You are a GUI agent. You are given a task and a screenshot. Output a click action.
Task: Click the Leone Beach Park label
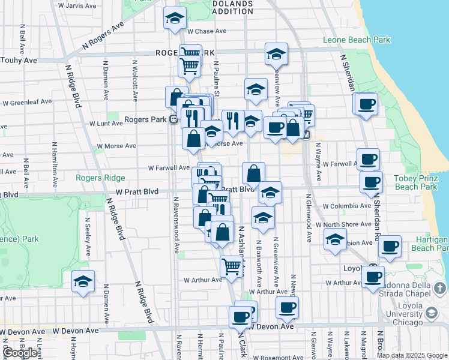[x=357, y=40]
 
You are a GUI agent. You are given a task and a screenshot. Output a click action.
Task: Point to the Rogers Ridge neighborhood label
[x=100, y=178]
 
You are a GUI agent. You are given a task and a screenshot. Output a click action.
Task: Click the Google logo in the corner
[x=20, y=353]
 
